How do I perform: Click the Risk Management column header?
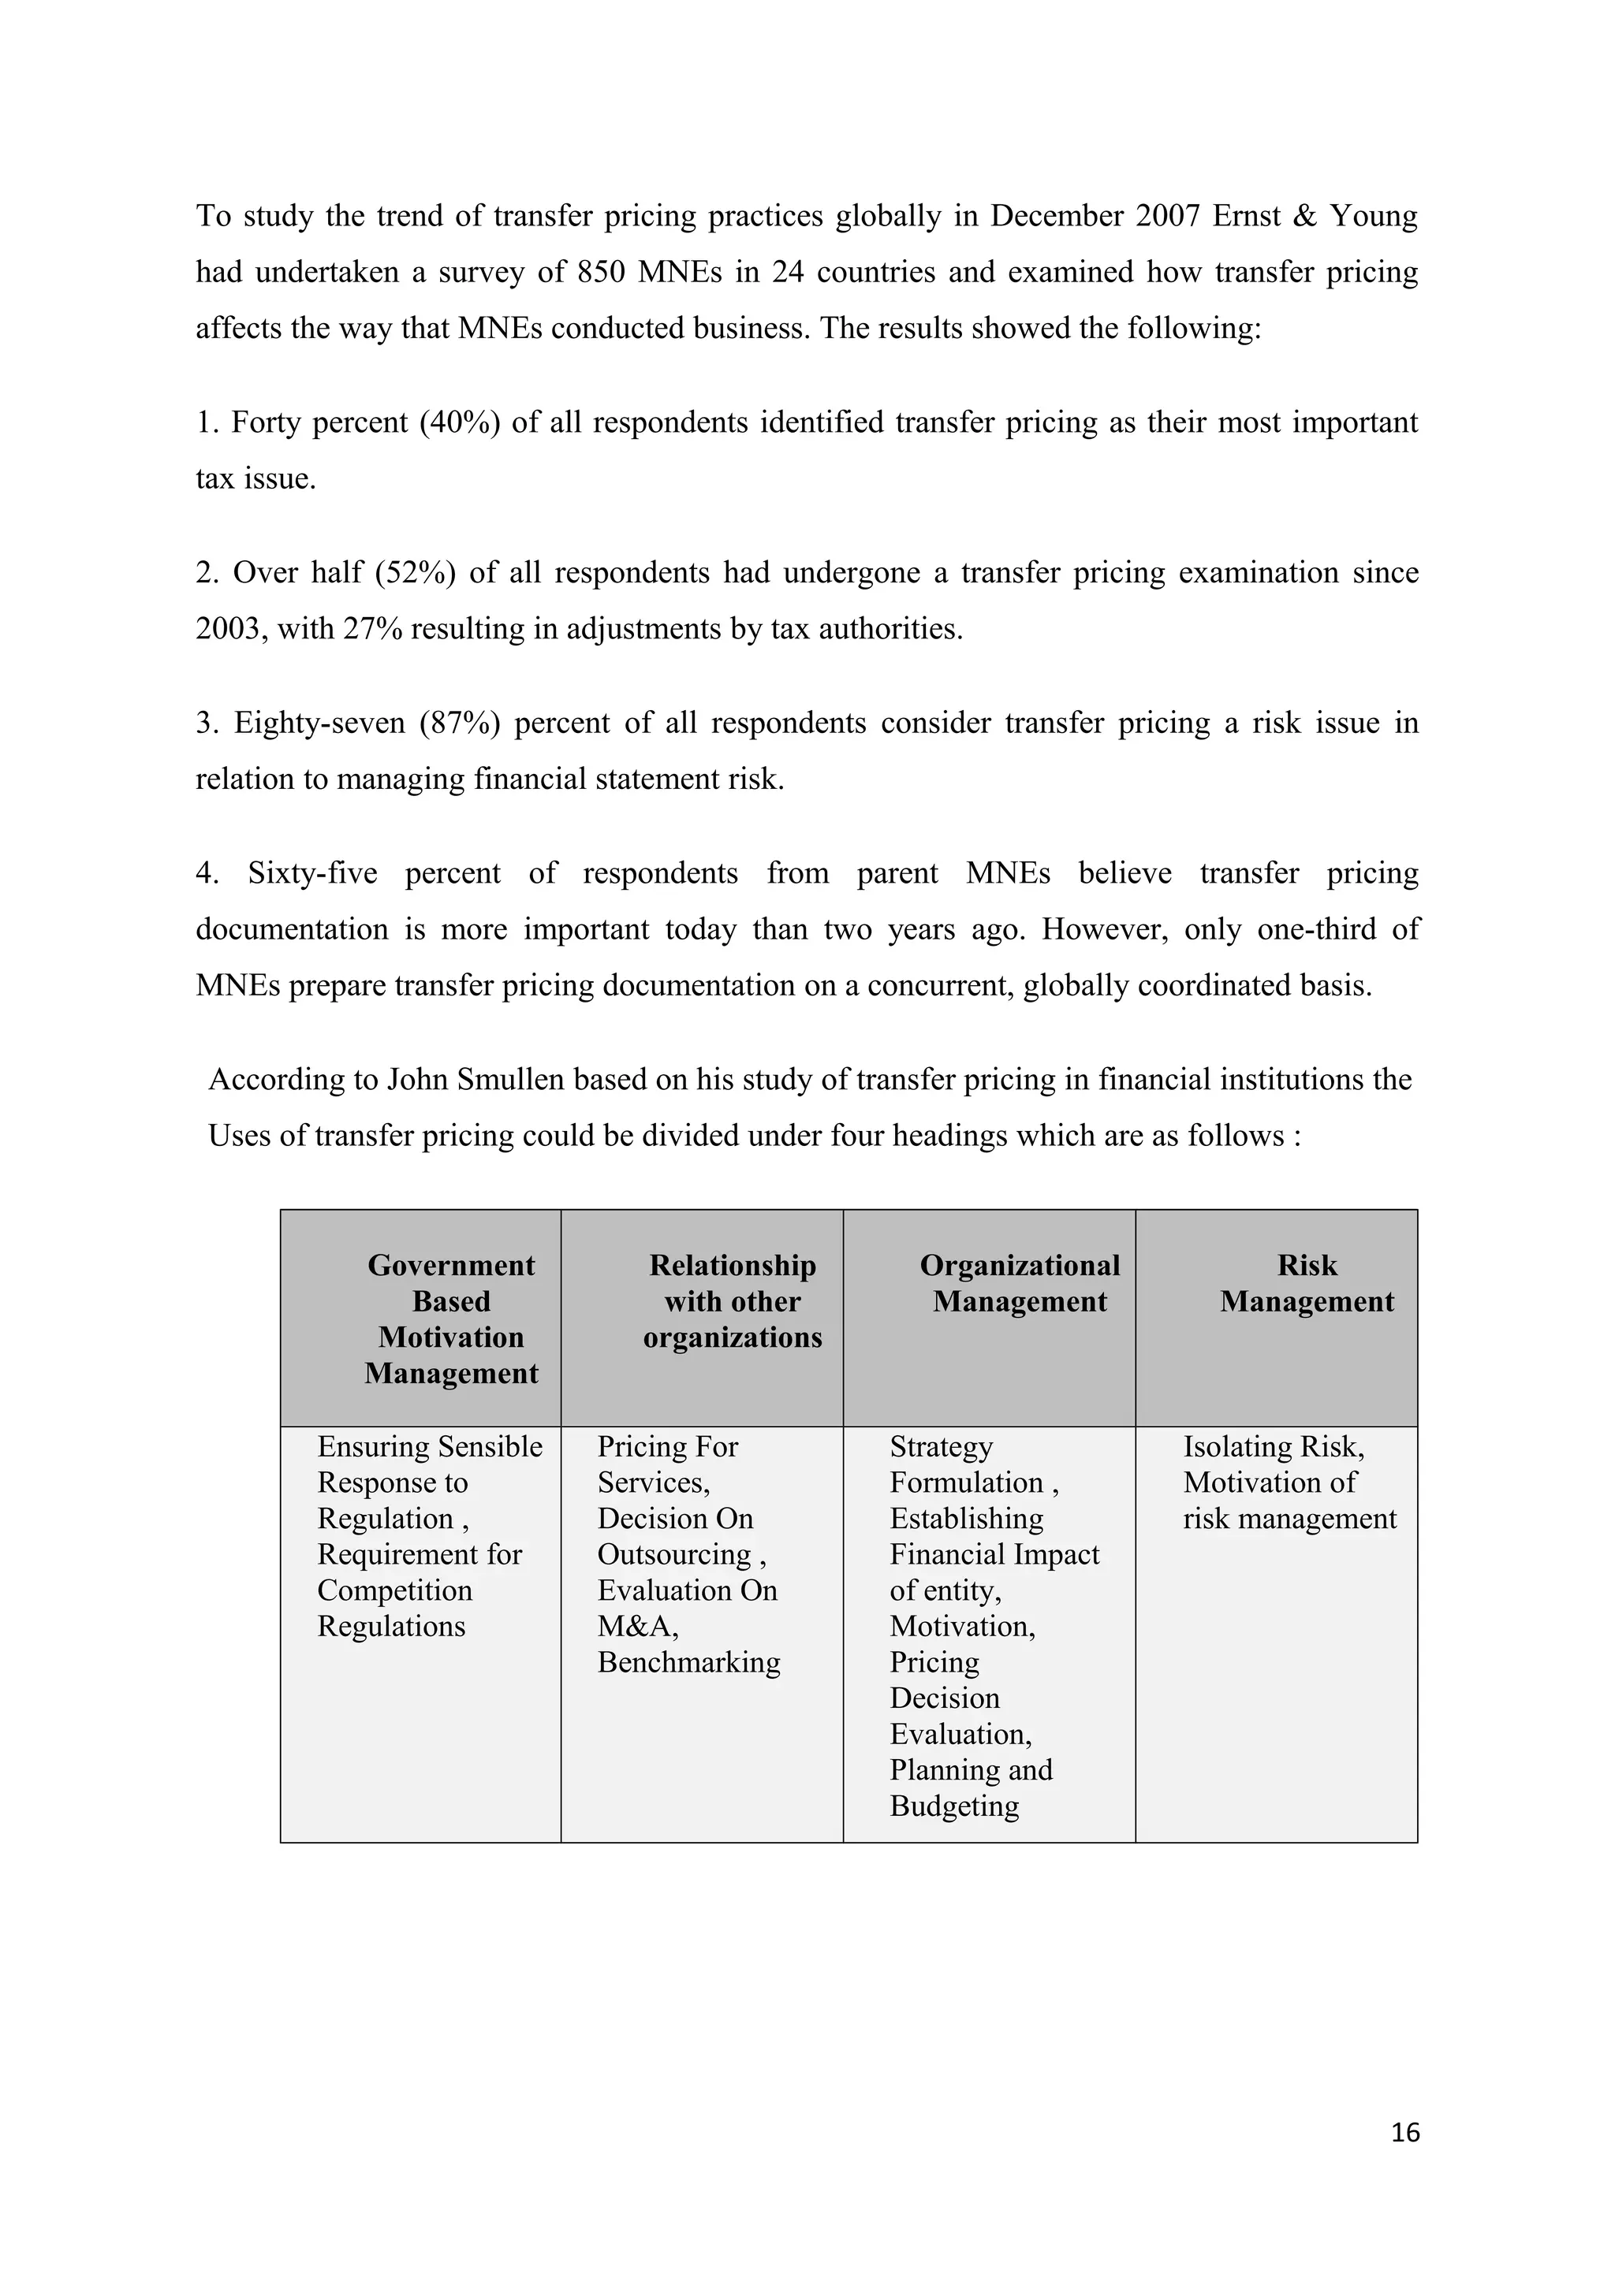click(1306, 1283)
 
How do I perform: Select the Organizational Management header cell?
click(1019, 1283)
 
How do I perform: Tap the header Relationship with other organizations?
click(733, 1301)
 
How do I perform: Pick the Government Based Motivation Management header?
click(451, 1319)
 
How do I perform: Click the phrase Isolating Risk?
click(1273, 1446)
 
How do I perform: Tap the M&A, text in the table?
click(638, 1627)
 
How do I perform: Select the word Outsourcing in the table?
click(673, 1555)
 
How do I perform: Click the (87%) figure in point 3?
click(459, 724)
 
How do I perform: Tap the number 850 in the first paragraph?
click(601, 273)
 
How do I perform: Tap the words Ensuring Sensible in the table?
click(430, 1446)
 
